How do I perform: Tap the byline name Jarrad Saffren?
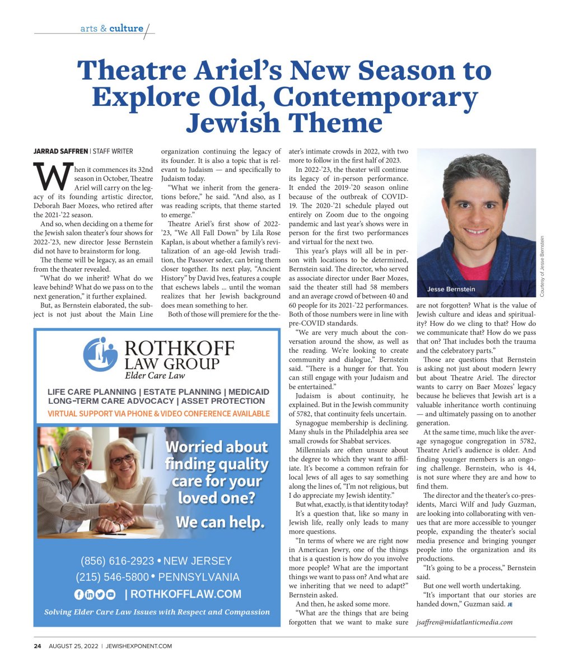[x=60, y=152]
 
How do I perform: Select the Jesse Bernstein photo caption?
[x=451, y=289]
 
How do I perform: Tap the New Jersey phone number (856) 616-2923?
[x=118, y=561]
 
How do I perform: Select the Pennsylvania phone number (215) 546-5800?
[x=113, y=577]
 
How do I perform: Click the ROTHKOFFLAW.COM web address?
[x=187, y=595]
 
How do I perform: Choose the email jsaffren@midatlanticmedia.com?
[x=465, y=622]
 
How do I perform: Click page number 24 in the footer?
[x=38, y=646]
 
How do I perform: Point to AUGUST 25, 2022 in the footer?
[x=73, y=646]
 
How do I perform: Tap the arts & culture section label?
[x=112, y=29]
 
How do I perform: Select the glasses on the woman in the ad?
[x=123, y=459]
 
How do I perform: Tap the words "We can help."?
[x=219, y=522]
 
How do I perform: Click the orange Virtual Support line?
[x=158, y=414]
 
